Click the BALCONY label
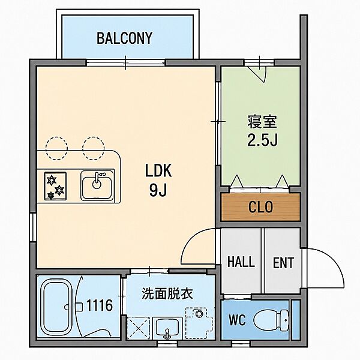124,38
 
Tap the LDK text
158,170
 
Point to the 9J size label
158,190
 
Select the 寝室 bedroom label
262,121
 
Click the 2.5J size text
262,140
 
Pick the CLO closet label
260,206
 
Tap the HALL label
241,262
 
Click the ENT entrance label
283,263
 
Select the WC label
237,320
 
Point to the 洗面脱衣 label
167,293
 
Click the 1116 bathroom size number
100,305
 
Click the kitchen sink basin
97,185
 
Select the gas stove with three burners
55,186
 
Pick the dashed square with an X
139,328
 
